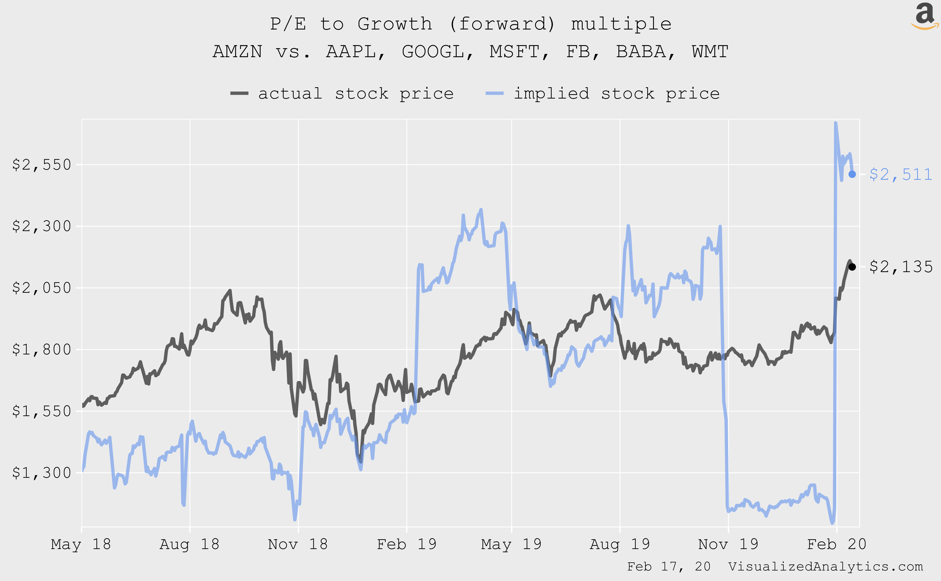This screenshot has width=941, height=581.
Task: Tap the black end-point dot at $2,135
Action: (852, 267)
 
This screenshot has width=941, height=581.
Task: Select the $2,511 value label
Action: (901, 174)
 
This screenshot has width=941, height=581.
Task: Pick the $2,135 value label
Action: (901, 267)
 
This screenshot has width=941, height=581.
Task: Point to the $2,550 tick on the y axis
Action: (42, 165)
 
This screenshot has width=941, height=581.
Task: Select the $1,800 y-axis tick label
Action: (42, 349)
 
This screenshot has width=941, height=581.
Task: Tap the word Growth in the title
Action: (395, 24)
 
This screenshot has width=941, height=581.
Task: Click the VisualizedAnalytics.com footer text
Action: (825, 566)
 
